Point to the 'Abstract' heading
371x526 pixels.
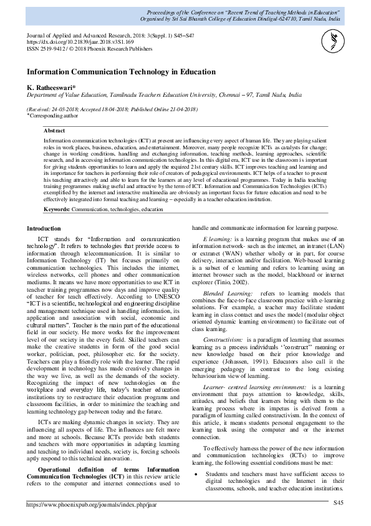(x=55, y=131)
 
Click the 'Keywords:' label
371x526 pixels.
(x=57, y=192)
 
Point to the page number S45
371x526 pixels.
(x=338, y=504)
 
